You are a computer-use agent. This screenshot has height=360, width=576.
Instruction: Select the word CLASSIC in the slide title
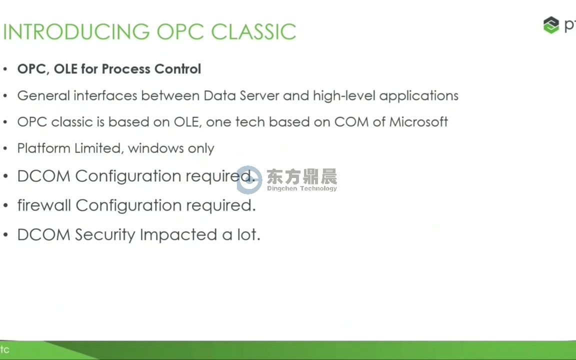[253, 31]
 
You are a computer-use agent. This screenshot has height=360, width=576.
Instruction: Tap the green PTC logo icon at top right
[550, 25]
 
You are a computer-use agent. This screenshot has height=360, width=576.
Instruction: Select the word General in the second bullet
[43, 95]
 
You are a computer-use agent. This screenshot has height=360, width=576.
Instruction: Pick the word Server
[259, 95]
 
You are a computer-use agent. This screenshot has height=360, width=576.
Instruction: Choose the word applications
[419, 96]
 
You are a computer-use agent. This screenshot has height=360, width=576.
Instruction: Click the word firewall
[44, 205]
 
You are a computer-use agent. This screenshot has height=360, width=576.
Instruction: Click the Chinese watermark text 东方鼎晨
[301, 176]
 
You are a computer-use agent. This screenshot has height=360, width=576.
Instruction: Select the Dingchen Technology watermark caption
[301, 188]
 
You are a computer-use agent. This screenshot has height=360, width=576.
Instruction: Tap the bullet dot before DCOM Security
[5, 234]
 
